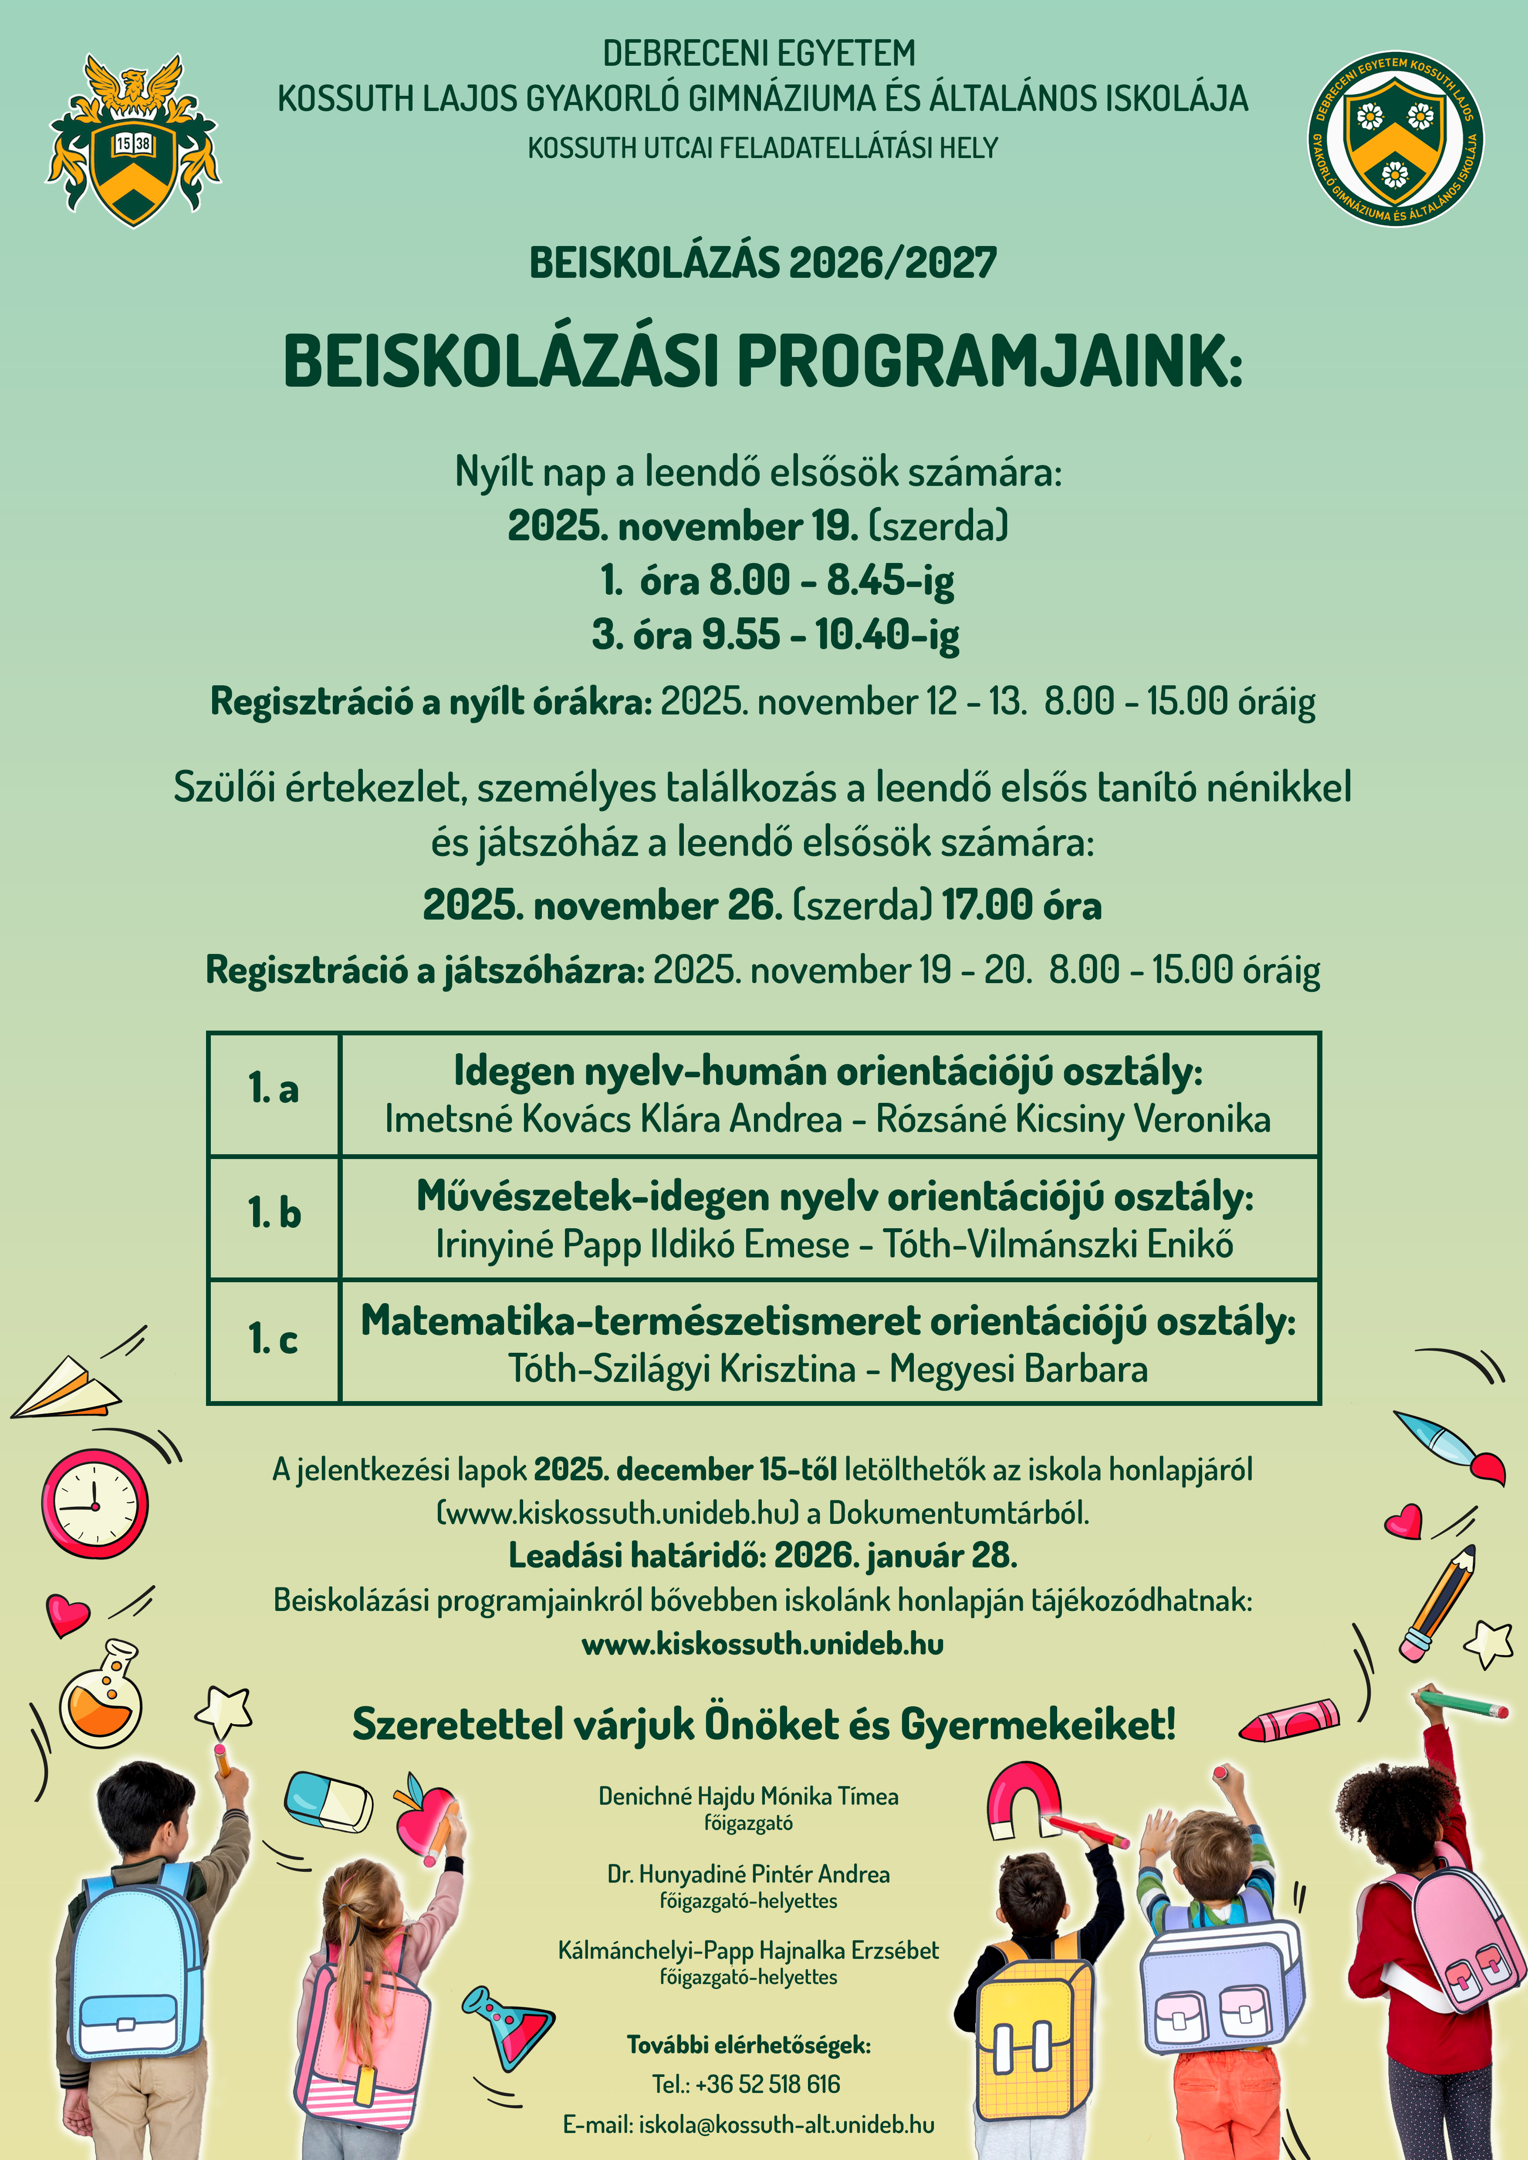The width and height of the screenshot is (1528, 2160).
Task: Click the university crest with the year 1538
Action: click(133, 141)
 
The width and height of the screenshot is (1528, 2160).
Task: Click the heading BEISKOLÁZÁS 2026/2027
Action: click(763, 263)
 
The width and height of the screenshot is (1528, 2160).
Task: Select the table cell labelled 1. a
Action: click(273, 1089)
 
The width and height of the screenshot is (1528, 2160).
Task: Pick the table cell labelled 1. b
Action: click(273, 1214)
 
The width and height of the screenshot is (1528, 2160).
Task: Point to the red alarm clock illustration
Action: click(95, 1503)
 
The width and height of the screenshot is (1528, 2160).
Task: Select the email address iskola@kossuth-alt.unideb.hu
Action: click(786, 2124)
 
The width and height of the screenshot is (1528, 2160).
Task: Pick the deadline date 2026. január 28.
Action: click(896, 1555)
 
